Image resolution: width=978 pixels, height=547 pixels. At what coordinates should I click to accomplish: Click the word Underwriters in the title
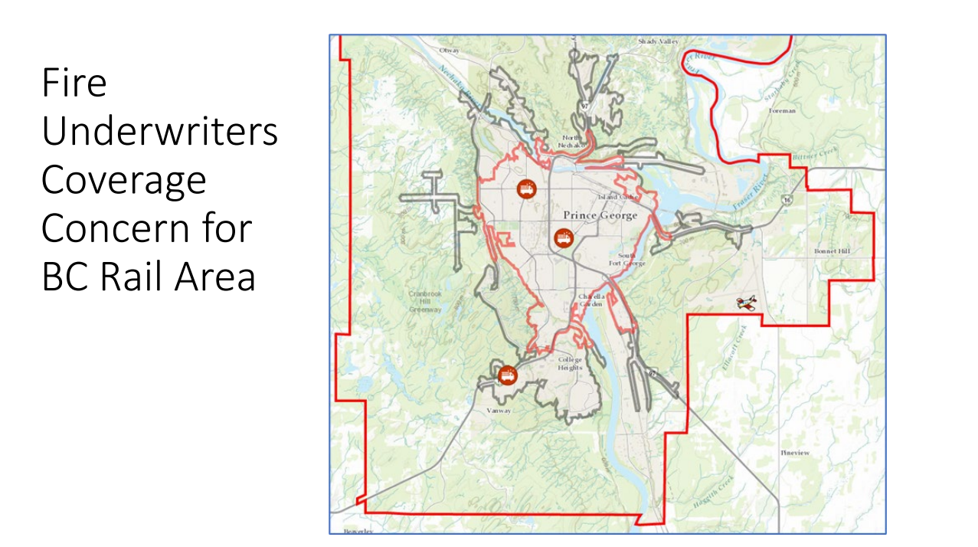[x=159, y=132]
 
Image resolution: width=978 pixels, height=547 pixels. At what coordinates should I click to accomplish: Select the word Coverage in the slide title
[x=124, y=180]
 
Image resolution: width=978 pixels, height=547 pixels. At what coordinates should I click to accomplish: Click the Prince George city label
[x=600, y=216]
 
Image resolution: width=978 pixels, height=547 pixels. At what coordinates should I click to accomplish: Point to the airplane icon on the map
[x=747, y=303]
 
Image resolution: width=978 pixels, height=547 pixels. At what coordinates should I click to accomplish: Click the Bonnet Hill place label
[x=832, y=251]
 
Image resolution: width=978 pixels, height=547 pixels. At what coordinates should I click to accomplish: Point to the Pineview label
[x=794, y=453]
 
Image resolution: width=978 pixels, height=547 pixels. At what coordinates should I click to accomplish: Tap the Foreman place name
[x=783, y=110]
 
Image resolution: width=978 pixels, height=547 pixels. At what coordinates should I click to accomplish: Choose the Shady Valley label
[x=658, y=41]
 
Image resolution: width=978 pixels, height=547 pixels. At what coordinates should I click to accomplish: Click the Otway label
[x=449, y=51]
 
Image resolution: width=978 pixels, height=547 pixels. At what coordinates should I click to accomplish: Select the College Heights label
[x=570, y=364]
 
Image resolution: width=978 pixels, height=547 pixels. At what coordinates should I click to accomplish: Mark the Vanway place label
[x=498, y=411]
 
